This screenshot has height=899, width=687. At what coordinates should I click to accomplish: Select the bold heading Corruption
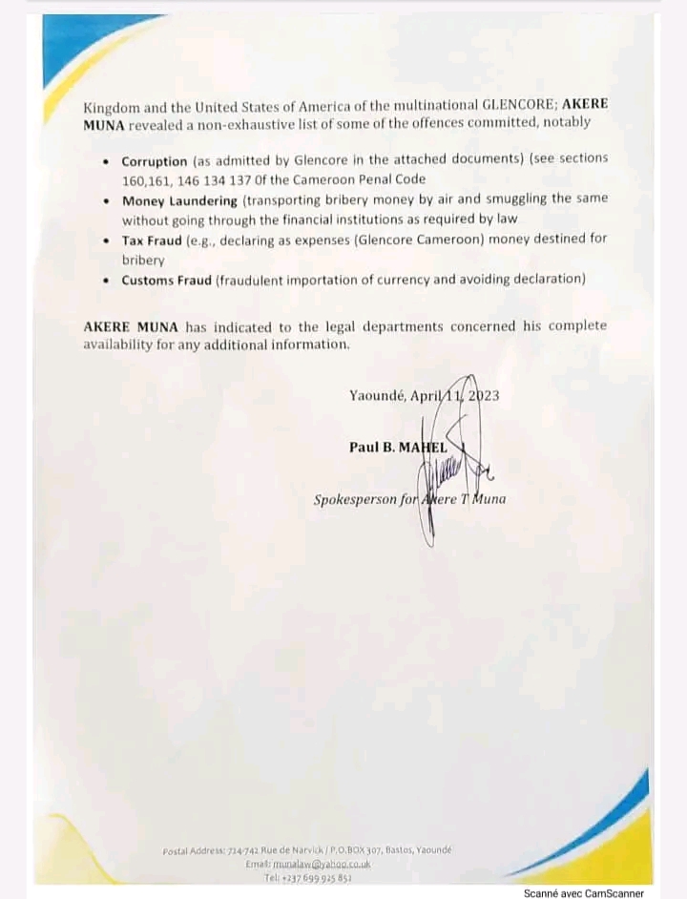click(x=155, y=161)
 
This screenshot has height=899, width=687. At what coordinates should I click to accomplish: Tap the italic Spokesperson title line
click(x=410, y=499)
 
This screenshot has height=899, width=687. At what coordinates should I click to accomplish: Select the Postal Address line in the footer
click(x=306, y=849)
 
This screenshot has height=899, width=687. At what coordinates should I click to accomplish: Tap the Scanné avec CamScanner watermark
click(x=583, y=893)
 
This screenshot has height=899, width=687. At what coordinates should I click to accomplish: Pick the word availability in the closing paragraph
click(x=122, y=344)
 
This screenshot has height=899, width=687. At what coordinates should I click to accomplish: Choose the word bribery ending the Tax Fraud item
click(x=143, y=260)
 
